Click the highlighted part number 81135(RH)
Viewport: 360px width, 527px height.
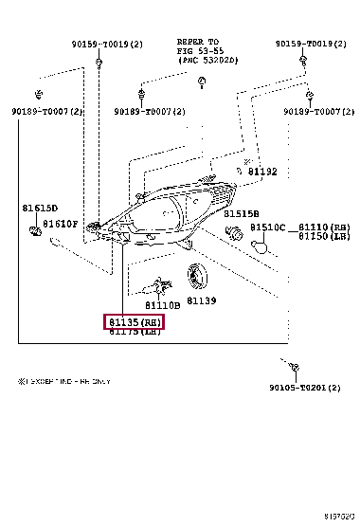[x=134, y=322]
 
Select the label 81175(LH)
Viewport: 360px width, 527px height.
[x=134, y=333]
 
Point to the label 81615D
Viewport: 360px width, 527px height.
[x=40, y=208]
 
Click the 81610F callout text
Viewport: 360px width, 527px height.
[x=63, y=223]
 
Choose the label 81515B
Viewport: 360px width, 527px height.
[x=242, y=213]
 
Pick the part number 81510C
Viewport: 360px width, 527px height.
[x=269, y=228]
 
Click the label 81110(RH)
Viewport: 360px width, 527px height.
[x=324, y=228]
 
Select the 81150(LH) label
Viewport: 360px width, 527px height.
[x=324, y=237]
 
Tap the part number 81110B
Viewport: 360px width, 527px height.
[x=164, y=305]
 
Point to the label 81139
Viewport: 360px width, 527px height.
[x=201, y=300]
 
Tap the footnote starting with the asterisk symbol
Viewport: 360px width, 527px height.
[x=64, y=381]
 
